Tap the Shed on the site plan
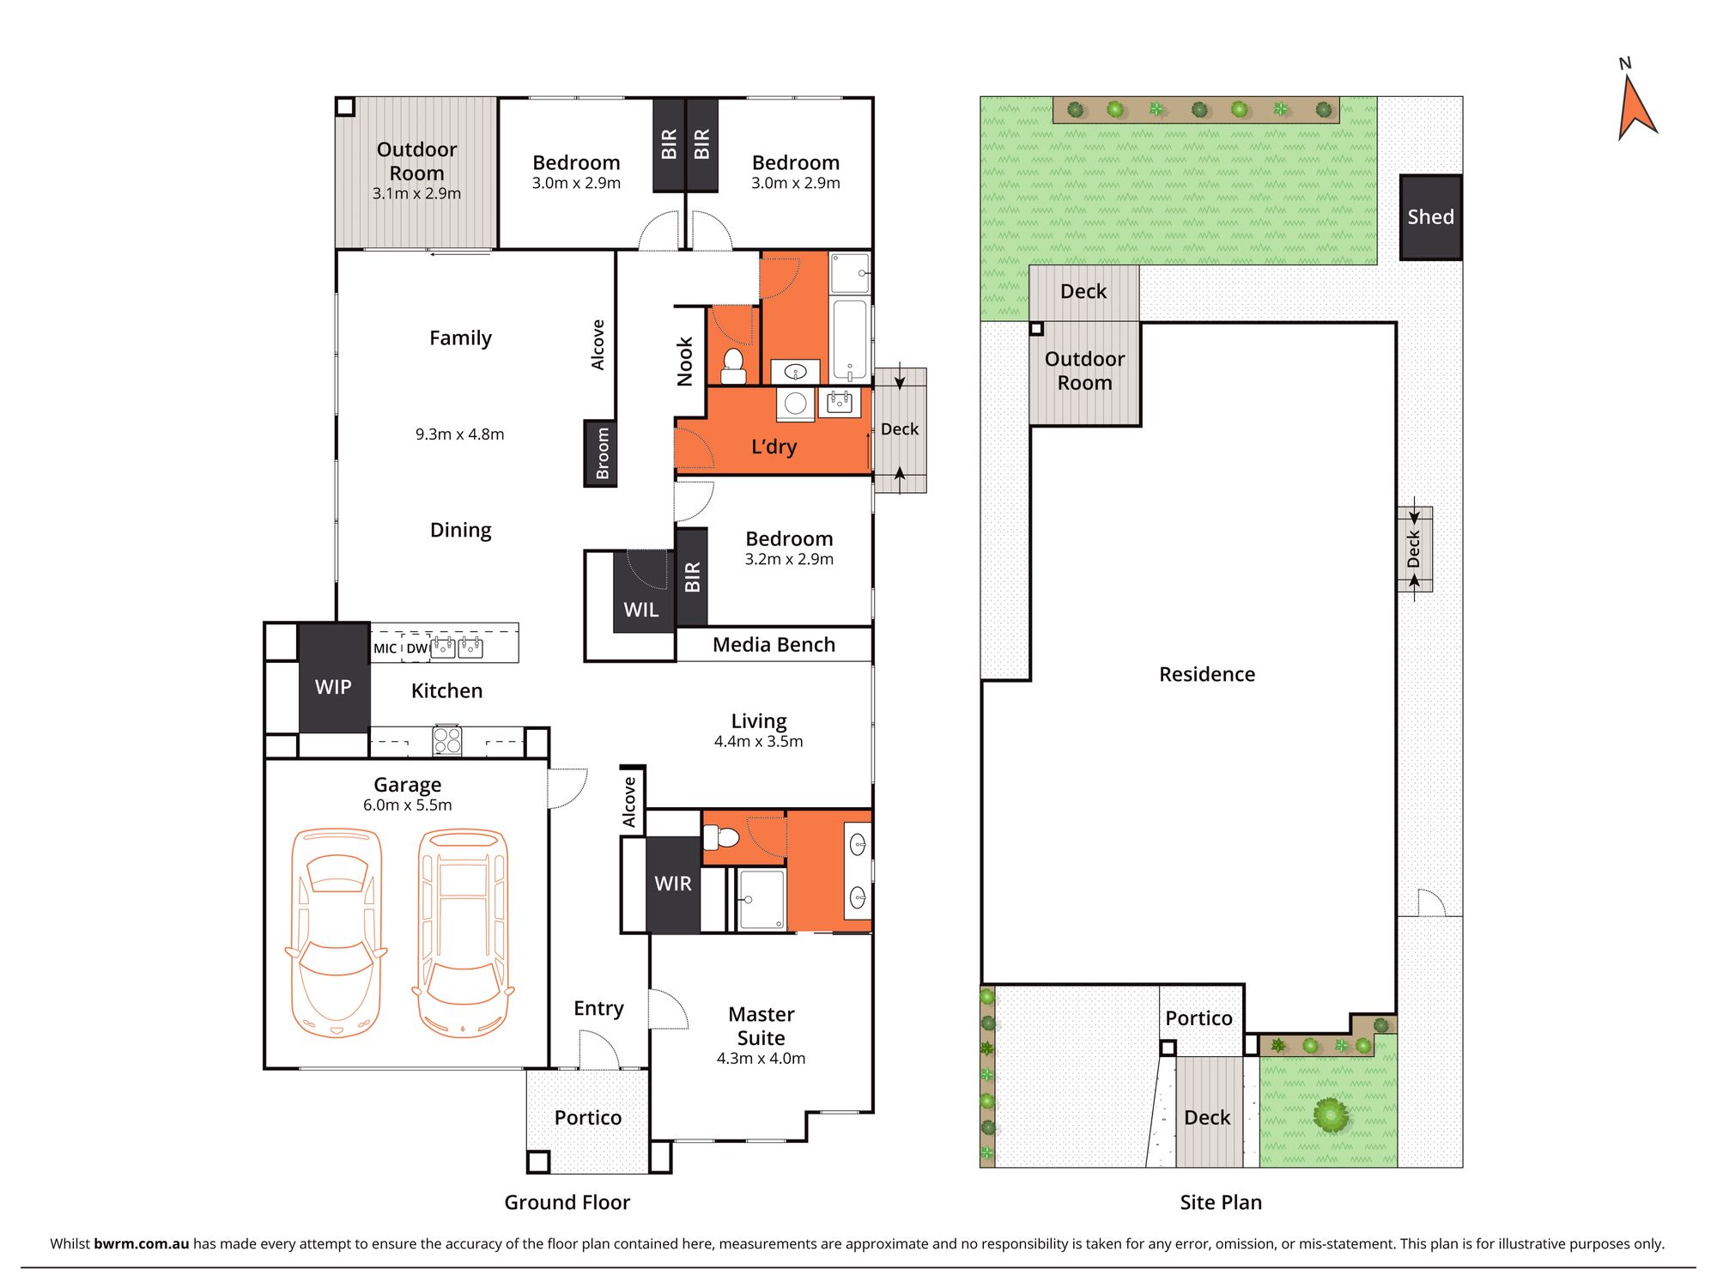pos(1430,217)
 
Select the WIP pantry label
pos(333,687)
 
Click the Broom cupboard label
pos(602,453)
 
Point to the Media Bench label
pos(774,645)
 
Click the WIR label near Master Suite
pos(673,884)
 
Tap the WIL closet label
pos(641,610)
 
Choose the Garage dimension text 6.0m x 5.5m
pos(407,805)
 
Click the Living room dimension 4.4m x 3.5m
pos(759,742)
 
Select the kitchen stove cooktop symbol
pos(447,740)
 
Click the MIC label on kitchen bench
pos(385,648)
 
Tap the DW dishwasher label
pos(417,648)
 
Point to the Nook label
pos(685,361)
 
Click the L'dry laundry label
pos(774,447)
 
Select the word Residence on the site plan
pos(1207,674)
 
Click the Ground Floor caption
pos(567,1202)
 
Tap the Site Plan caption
pos(1221,1202)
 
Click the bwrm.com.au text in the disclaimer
pos(141,1243)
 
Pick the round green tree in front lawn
pos(1331,1115)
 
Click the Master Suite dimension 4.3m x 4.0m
pos(761,1059)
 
